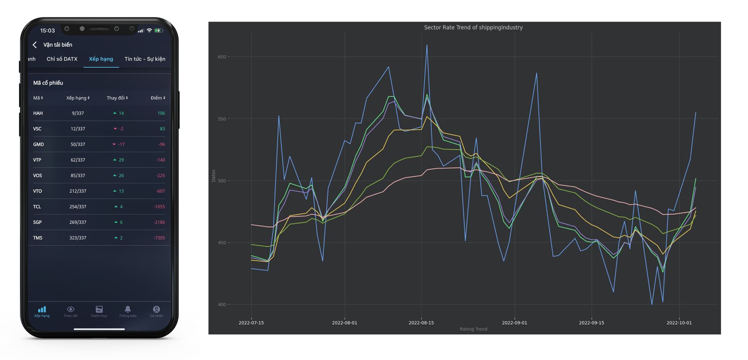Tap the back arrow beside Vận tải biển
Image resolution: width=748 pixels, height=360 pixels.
[35, 45]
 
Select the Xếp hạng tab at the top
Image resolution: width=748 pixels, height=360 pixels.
[101, 59]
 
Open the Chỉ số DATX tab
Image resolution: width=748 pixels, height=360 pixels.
[62, 59]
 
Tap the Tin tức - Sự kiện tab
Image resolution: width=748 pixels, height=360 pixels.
[145, 59]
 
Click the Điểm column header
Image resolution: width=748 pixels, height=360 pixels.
[158, 98]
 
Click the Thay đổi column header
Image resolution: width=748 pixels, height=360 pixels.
[117, 98]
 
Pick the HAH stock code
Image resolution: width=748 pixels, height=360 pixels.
[38, 113]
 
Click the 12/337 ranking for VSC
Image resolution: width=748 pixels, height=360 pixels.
[78, 129]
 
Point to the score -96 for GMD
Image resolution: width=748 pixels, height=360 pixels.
[161, 145]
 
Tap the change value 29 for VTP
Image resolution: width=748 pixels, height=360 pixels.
[121, 160]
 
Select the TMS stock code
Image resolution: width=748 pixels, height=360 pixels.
[38, 238]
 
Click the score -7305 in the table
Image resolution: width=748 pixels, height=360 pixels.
[159, 238]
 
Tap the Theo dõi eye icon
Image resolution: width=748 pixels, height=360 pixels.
[71, 309]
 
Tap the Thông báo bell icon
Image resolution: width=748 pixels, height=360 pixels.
[127, 309]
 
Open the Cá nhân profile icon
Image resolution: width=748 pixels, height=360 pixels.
[156, 309]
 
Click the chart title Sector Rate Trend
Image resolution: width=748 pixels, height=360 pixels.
[473, 27]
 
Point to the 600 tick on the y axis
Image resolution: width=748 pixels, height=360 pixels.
[222, 57]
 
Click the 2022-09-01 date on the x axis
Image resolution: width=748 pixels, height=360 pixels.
[514, 323]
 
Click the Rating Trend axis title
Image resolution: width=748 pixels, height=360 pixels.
[473, 329]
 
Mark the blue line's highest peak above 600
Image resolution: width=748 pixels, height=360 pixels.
[427, 45]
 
